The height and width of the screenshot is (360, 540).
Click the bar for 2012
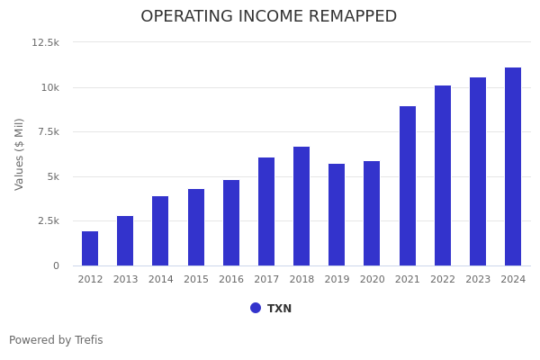click(90, 248)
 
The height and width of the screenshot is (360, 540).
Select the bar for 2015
click(196, 227)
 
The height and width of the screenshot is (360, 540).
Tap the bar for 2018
click(301, 206)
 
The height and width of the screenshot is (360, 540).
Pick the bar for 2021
click(408, 185)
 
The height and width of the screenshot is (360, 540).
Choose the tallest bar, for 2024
click(513, 166)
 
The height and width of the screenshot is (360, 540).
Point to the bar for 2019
click(337, 214)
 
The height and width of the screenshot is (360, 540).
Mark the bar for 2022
click(443, 175)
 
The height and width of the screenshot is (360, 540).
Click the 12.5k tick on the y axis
click(45, 42)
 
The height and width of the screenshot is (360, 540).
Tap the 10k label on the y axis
click(49, 87)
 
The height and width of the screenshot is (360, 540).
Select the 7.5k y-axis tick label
click(48, 131)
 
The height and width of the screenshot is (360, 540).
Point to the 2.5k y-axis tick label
click(48, 220)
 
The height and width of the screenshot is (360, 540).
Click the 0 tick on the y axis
click(56, 265)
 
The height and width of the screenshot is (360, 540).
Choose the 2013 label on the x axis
click(125, 280)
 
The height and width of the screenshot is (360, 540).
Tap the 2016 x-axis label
click(231, 280)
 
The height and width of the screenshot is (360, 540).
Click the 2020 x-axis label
click(372, 280)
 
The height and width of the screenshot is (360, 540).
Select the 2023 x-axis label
click(478, 280)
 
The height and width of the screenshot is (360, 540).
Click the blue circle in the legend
click(256, 308)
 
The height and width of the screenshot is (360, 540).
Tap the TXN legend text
click(279, 309)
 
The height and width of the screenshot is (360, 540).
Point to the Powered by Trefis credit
click(56, 340)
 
